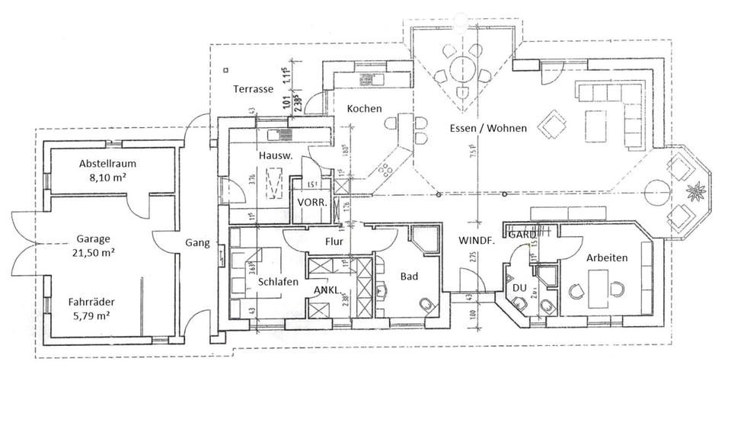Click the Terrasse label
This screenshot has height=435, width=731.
point(253,89)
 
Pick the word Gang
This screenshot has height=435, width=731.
point(196,244)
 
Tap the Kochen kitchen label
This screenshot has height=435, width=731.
point(364,109)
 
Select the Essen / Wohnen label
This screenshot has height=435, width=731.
point(482,128)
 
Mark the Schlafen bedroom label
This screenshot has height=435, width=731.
point(277,281)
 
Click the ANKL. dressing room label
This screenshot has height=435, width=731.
point(328,290)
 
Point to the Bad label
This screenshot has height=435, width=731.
point(409,277)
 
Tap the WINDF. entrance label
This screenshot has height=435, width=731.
point(477,240)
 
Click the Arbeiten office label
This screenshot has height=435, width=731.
point(607,258)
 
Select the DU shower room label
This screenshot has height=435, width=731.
point(520,287)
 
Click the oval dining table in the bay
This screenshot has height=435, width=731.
point(461,70)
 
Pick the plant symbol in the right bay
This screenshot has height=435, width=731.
point(694,189)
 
